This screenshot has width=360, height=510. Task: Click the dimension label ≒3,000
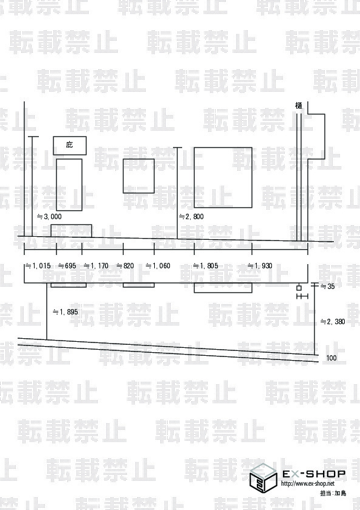pos(49,217)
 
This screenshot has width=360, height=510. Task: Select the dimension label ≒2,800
pos(192,217)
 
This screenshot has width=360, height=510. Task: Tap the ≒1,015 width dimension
pos(38,266)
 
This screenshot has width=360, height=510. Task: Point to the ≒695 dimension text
pos(67,266)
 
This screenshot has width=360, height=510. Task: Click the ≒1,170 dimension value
pos(97,266)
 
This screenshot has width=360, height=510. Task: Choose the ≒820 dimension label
pos(125,266)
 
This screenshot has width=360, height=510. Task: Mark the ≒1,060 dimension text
pos(158,266)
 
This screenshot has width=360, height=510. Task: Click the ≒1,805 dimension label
pos(206,266)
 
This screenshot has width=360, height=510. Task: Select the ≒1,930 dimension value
pos(260,266)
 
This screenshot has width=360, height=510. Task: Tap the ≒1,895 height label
pos(66,312)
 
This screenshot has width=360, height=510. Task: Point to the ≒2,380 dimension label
pos(333,322)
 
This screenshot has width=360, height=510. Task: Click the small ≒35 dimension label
pos(328,287)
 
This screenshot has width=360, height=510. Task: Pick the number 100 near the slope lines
pos(331,358)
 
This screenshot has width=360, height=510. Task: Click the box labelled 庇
pos(70,145)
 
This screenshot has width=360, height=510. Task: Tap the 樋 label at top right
pos(299,106)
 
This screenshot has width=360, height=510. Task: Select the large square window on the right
pos(223,177)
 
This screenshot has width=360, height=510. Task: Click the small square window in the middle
pos(138,176)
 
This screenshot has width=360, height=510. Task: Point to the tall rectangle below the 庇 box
pos(69,185)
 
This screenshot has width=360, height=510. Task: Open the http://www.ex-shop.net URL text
pos(308,484)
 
